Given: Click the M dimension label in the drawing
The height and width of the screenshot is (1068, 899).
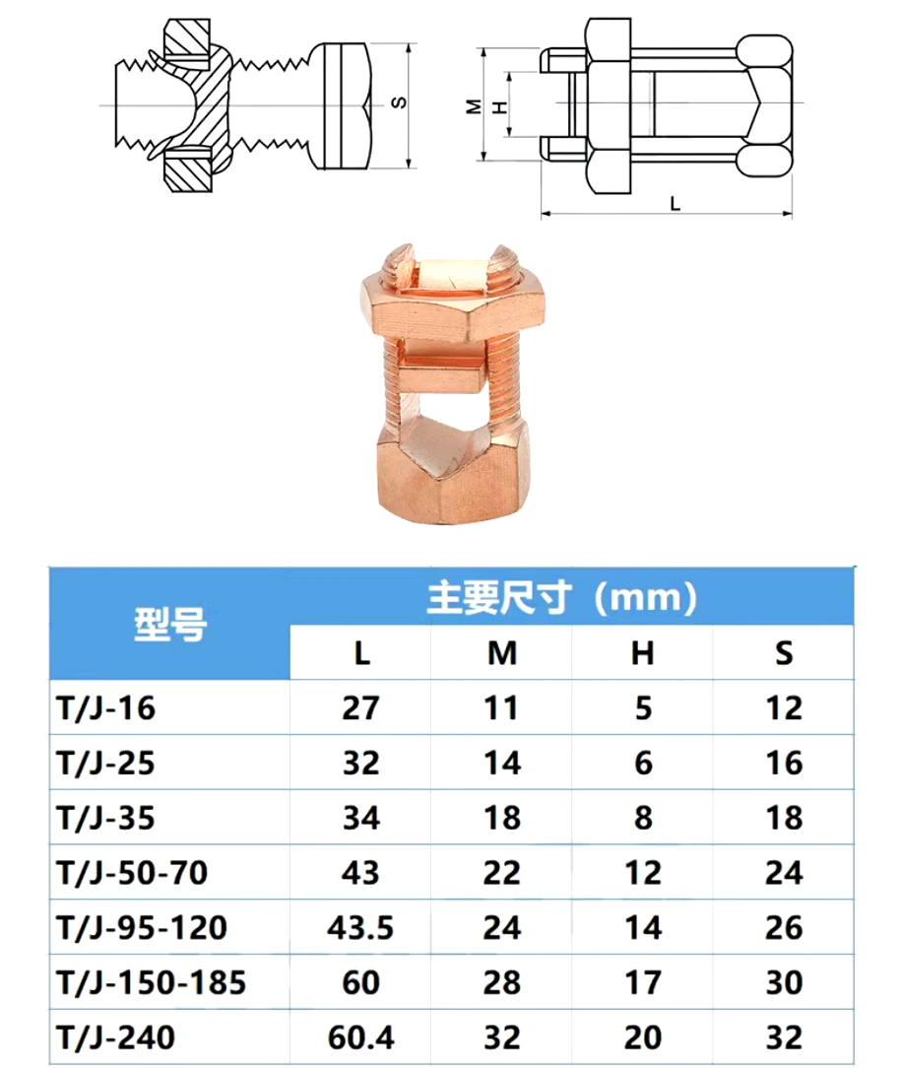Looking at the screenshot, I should [474, 105].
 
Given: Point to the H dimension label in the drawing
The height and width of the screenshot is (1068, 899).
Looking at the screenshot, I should [498, 105].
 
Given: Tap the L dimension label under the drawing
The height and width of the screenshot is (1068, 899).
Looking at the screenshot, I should [674, 203].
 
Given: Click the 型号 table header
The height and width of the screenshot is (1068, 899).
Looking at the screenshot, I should [170, 624].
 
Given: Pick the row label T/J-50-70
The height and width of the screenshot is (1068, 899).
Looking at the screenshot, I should [133, 872].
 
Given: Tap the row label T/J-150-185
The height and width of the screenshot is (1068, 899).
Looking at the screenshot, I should [151, 982].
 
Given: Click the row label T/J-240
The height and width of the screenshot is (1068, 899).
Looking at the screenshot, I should [117, 1036].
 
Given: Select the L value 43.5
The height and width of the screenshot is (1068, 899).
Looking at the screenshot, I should [360, 927].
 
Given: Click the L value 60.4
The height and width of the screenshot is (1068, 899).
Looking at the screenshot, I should [360, 1036].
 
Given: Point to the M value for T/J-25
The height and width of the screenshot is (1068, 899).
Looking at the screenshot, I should [502, 763].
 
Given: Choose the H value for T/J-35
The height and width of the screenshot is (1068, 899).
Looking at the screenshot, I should [643, 818].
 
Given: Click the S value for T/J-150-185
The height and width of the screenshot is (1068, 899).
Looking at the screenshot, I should [784, 982].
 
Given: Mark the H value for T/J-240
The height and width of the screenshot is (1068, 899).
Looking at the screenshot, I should [643, 1036].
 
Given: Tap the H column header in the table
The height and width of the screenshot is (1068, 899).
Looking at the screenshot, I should [643, 653].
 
